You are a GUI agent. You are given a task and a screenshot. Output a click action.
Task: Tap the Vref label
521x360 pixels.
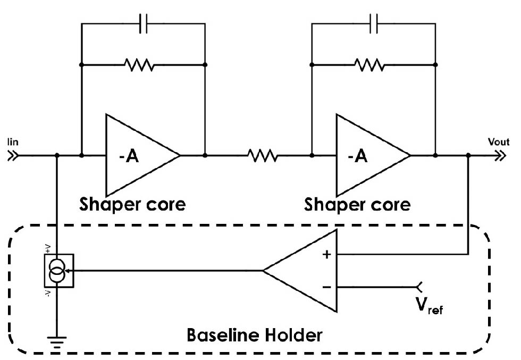(x=429, y=306)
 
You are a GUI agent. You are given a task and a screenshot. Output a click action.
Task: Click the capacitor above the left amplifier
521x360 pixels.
(x=142, y=24)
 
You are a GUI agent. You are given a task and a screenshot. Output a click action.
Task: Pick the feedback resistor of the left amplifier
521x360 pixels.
(x=139, y=65)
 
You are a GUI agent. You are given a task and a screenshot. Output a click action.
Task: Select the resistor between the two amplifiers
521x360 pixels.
(x=262, y=156)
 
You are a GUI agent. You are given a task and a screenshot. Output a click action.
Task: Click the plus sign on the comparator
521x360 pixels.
(x=326, y=255)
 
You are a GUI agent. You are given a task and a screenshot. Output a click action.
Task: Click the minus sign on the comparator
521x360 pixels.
(x=326, y=287)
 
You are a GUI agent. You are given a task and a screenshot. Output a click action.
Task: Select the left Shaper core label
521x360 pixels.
(x=132, y=204)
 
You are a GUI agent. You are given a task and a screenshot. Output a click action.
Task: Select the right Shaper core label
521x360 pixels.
(x=357, y=204)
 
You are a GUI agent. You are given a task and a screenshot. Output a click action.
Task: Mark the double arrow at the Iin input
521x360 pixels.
(x=12, y=156)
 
